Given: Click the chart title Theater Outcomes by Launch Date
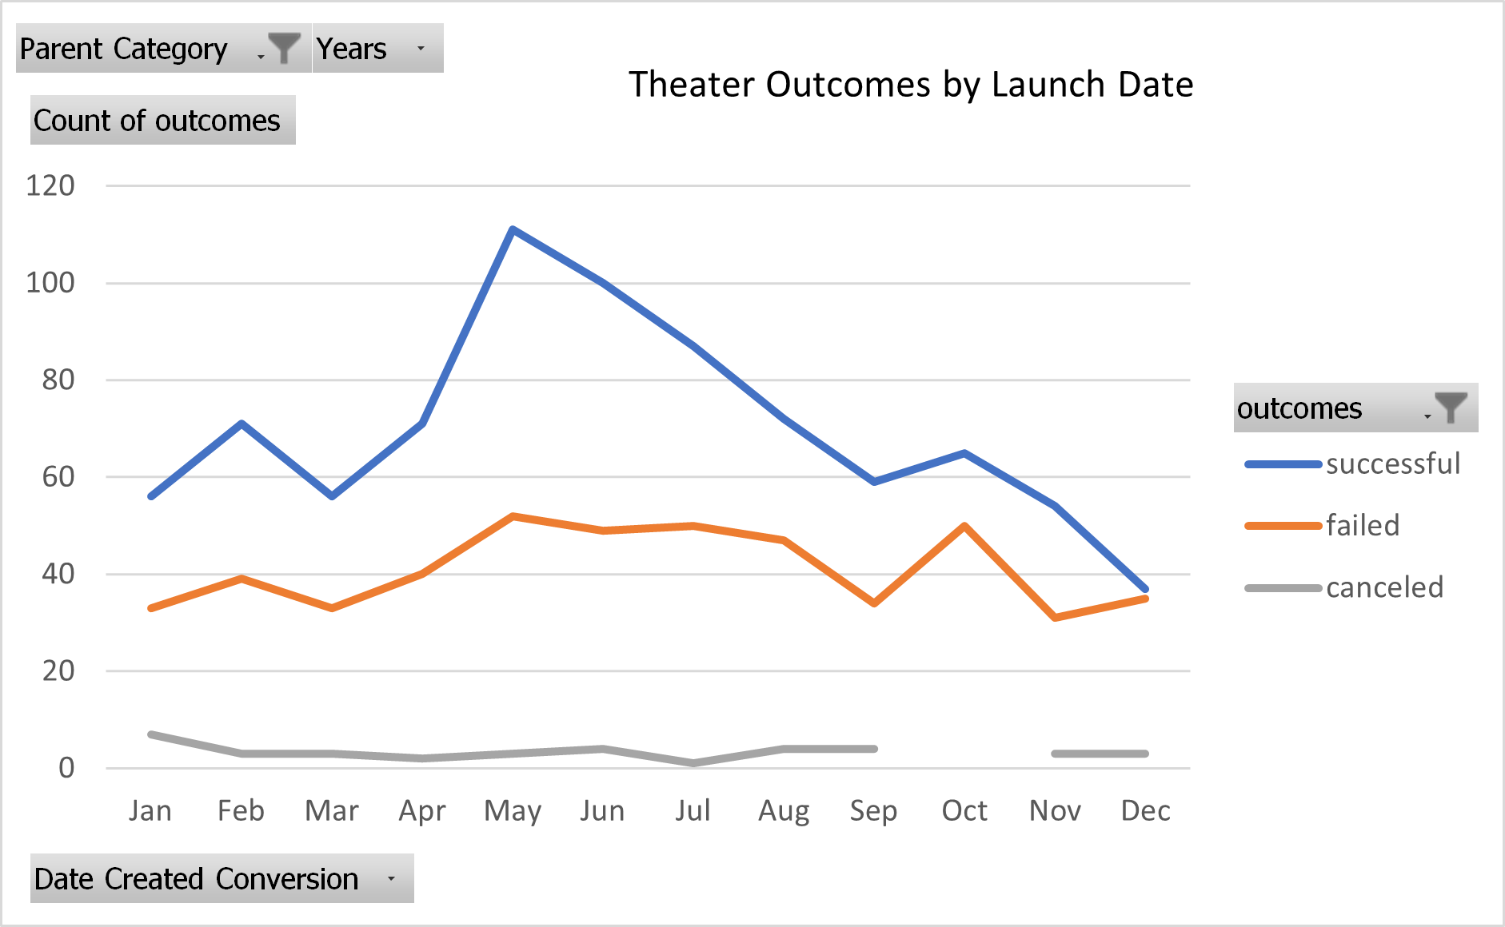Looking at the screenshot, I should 910,85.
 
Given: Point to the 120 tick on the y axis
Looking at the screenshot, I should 50,185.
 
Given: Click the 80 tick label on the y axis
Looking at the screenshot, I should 58,380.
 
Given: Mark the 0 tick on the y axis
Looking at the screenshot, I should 66,768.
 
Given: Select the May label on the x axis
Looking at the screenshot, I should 513,811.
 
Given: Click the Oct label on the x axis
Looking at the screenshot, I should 964,811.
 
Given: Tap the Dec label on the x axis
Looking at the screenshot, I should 1145,811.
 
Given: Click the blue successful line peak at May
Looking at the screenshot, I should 513,229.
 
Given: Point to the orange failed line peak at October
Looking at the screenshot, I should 965,526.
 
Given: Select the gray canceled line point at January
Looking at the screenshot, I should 151,734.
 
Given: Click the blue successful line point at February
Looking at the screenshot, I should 242,424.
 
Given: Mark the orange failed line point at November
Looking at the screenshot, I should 1056,618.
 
